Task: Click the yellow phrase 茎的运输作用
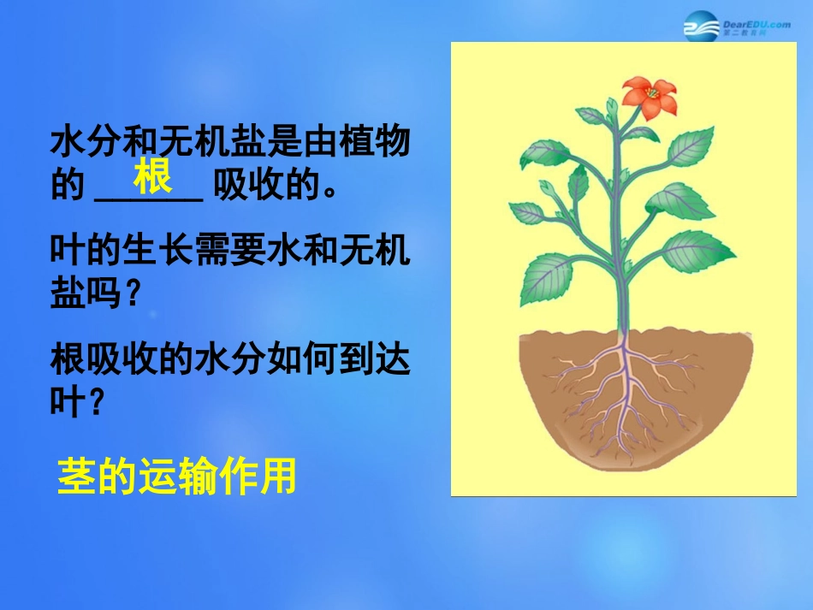tap(176, 477)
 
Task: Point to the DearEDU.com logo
tap(736, 28)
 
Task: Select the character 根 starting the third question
tap(68, 360)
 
